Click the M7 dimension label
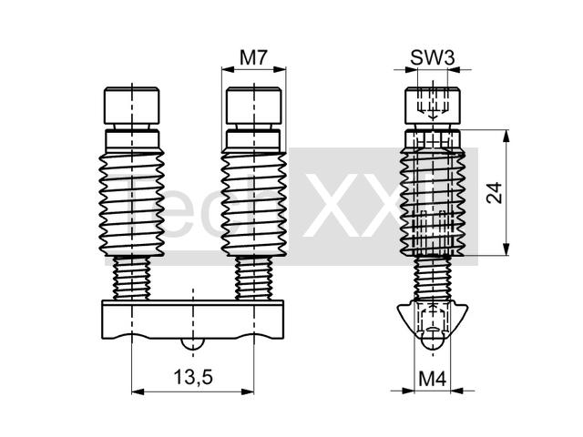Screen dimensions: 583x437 (x=253, y=57)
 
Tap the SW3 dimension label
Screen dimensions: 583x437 (x=433, y=57)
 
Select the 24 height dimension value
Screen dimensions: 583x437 (x=495, y=193)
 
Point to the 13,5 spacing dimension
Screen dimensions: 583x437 (x=193, y=378)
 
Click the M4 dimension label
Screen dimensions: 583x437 (x=433, y=380)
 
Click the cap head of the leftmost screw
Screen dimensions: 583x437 (x=131, y=106)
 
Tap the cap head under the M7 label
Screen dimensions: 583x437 (x=253, y=106)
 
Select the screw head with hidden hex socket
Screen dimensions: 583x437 (x=433, y=106)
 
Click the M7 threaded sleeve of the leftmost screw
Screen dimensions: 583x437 (x=131, y=203)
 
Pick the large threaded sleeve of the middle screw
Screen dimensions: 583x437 (x=253, y=203)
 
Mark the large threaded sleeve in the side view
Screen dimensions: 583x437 (x=433, y=203)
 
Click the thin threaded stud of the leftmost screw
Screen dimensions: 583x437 (x=131, y=278)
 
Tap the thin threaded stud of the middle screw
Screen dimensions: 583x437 (x=253, y=278)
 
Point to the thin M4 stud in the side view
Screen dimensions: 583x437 (x=433, y=279)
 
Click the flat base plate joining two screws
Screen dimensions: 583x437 (x=192, y=320)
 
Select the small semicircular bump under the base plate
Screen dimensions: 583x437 (x=192, y=344)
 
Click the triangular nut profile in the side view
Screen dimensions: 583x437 (x=433, y=322)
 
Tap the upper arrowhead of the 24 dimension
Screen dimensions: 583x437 (x=506, y=136)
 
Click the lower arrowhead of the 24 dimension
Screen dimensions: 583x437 (x=506, y=249)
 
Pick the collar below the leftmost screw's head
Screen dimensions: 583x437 (x=132, y=138)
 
